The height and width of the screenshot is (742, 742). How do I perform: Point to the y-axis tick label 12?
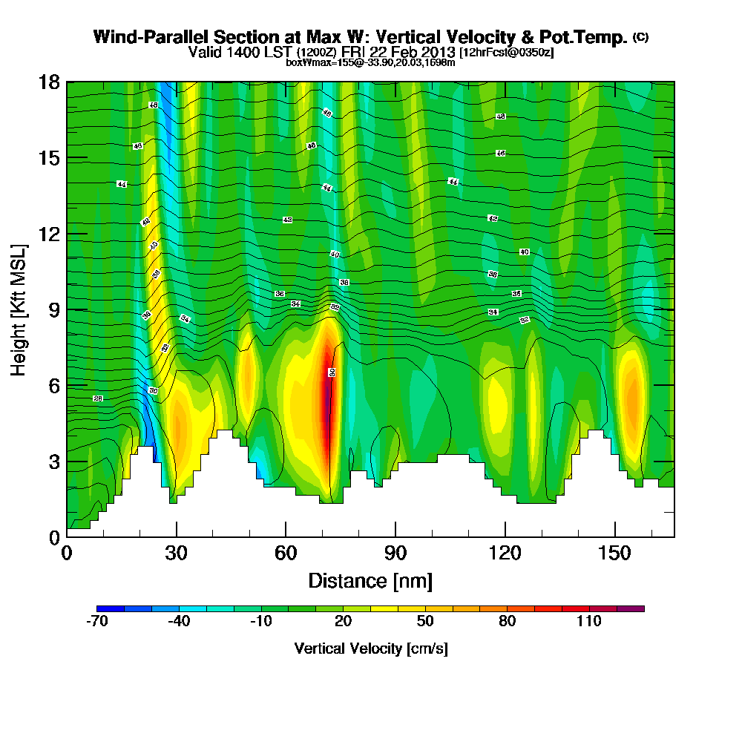49,234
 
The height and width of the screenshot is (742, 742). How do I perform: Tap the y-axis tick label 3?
53,462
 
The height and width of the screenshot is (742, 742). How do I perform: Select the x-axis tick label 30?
176,554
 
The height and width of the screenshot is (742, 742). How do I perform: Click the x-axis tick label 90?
395,554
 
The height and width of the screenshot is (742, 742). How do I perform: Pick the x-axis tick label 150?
614,554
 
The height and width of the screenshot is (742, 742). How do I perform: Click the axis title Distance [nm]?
370,580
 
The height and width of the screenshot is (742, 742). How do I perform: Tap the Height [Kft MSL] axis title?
19,309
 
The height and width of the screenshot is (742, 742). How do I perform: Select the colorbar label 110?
589,622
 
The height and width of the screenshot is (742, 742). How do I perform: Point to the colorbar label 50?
425,622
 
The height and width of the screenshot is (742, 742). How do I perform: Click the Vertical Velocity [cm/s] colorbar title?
370,649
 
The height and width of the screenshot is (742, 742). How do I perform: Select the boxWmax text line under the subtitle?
370,62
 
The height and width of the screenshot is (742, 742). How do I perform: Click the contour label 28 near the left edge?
98,398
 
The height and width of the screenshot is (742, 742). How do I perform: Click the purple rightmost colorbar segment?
637,608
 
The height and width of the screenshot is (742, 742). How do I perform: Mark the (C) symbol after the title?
640,36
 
